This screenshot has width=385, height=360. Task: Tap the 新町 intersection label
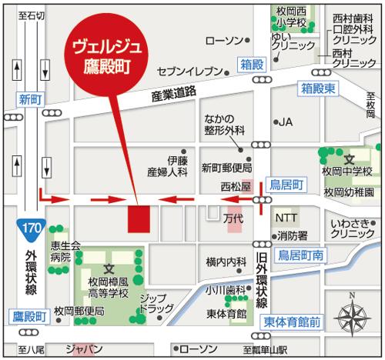tap(29, 98)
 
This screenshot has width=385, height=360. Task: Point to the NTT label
tap(286, 218)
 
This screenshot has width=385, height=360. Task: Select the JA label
tap(286, 122)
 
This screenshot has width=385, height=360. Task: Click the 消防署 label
tap(293, 235)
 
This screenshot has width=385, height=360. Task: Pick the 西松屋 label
tap(236, 186)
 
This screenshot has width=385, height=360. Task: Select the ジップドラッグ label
tap(156, 303)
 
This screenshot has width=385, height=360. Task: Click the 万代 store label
tap(233, 218)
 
